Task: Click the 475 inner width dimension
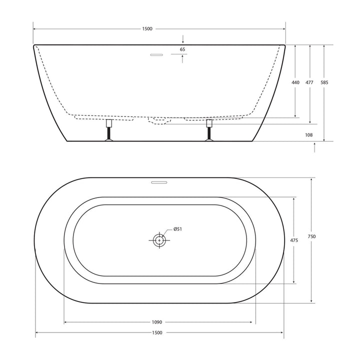[294, 240]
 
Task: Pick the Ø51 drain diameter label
[177, 229]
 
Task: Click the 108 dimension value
[309, 134]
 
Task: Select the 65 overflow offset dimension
[182, 49]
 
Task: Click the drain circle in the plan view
[159, 240]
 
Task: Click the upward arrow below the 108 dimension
[314, 146]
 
